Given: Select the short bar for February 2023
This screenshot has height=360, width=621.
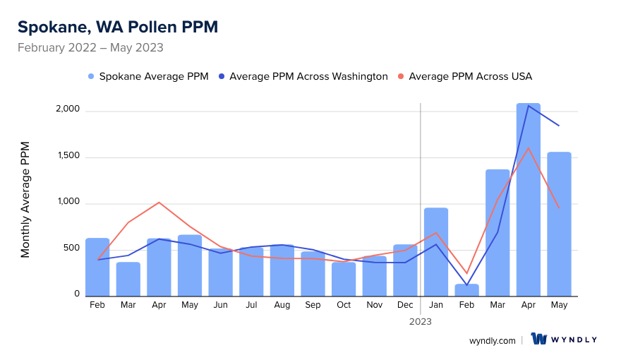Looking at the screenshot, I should (467, 290).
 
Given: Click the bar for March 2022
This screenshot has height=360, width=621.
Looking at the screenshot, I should (128, 279).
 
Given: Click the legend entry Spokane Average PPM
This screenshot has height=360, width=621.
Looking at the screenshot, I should (148, 76).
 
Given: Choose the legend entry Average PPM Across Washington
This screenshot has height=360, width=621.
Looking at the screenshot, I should (303, 76).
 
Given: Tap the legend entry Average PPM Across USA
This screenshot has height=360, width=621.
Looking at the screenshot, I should (465, 76).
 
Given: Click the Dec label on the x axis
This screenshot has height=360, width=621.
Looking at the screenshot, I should (405, 305).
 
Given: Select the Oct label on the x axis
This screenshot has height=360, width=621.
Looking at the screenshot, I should (344, 305).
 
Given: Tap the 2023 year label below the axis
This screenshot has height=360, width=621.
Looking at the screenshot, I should (421, 321).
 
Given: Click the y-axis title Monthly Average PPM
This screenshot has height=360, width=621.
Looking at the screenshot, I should (25, 200).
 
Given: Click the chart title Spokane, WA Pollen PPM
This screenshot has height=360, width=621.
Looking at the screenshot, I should (118, 27).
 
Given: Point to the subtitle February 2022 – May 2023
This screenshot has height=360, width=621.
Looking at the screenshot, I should (90, 48).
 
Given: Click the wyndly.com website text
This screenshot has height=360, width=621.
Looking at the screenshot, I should (493, 340).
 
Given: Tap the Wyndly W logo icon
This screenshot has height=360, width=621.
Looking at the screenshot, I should (540, 340).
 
